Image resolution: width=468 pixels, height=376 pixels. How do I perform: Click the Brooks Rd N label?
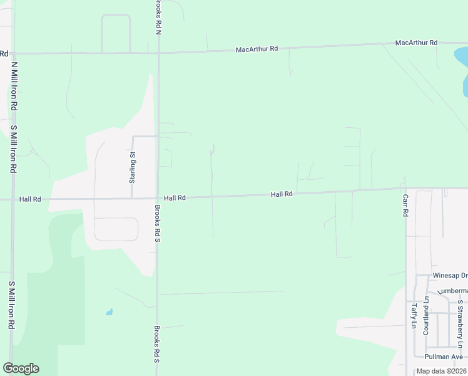pyautogui.click(x=158, y=16)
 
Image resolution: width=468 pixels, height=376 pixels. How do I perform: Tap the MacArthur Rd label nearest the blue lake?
pyautogui.click(x=416, y=43)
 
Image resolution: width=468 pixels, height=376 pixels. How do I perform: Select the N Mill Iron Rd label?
pyautogui.click(x=13, y=85)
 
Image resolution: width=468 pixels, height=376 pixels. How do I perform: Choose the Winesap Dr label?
pyautogui.click(x=450, y=275)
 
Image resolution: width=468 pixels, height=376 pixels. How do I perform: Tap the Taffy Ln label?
pyautogui.click(x=414, y=316)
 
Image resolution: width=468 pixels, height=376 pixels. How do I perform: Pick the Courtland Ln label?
pyautogui.click(x=425, y=315)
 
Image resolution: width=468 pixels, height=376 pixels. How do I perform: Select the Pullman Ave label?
pyautogui.click(x=442, y=356)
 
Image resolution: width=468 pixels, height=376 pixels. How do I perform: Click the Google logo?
pyautogui.click(x=21, y=368)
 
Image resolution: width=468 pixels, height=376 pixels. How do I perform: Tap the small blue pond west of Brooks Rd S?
pyautogui.click(x=110, y=311)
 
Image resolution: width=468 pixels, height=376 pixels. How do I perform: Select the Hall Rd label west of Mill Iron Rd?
pyautogui.click(x=30, y=199)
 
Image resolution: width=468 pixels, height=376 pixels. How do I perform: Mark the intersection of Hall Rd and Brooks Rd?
pyautogui.click(x=157, y=198)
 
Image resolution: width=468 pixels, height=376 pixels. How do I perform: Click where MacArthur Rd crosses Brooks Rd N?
pyautogui.click(x=158, y=53)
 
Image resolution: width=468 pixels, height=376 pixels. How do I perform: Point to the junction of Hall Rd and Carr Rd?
pyautogui.click(x=405, y=188)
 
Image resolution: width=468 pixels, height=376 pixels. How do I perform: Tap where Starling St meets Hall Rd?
pyautogui.click(x=131, y=199)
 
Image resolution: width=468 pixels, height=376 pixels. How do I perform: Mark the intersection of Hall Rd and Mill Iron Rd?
pyautogui.click(x=11, y=200)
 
